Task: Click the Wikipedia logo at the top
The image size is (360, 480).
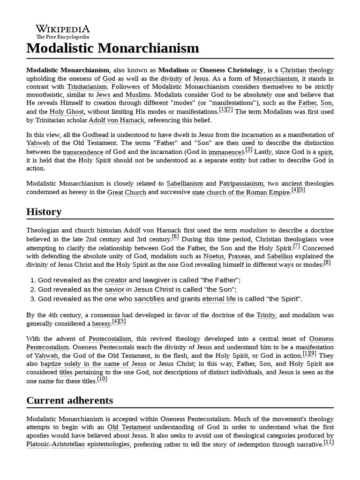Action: click(x=63, y=31)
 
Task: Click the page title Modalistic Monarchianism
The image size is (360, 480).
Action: click(x=112, y=48)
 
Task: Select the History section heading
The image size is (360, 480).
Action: click(x=44, y=211)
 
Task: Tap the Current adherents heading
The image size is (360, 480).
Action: click(x=69, y=400)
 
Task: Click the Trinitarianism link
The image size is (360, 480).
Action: click(x=87, y=87)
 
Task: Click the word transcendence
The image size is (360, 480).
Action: click(x=83, y=152)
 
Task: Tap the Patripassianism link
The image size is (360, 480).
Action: click(x=241, y=183)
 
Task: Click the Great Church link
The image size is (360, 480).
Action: click(x=127, y=192)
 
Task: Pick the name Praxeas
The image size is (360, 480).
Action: click(x=239, y=256)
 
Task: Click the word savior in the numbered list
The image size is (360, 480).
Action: click(x=115, y=289)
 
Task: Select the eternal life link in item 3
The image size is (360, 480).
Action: click(x=219, y=299)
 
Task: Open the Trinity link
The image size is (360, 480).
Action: click(x=266, y=315)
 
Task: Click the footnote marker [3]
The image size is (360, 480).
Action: click(x=248, y=150)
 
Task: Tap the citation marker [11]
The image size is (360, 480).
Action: click(x=329, y=442)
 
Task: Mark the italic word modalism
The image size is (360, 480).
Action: click(x=254, y=230)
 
